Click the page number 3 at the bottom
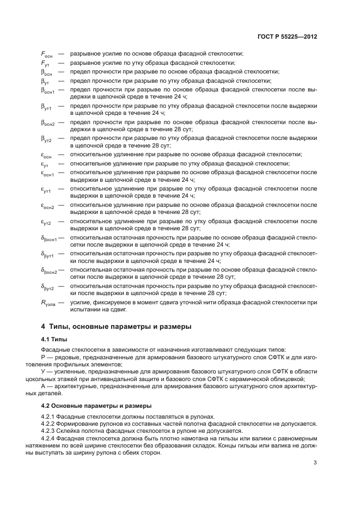click(315, 463)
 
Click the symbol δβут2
click(48, 287)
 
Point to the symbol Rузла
click(48, 303)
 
